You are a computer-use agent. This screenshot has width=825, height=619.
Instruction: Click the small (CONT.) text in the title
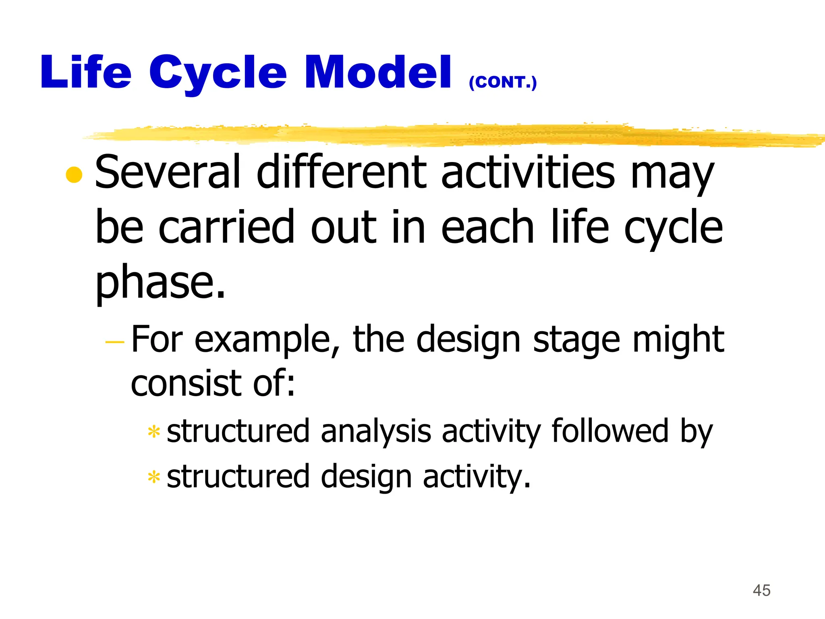tap(503, 82)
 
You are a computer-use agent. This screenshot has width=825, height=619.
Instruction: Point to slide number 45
tap(761, 590)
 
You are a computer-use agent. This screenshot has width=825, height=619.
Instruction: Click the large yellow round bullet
tap(74, 174)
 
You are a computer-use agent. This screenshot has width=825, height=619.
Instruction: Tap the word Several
tap(168, 172)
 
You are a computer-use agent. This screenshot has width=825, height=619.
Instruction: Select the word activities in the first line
tap(528, 172)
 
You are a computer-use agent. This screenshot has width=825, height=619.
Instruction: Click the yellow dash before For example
tap(115, 342)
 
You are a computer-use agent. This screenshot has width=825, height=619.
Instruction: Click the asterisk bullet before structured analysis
tap(154, 432)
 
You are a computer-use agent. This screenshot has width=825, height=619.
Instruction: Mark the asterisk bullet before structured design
tap(154, 478)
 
